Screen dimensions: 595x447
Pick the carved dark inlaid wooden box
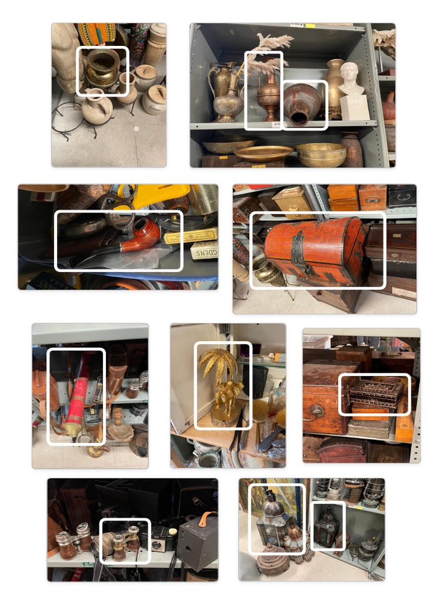[x=376, y=393]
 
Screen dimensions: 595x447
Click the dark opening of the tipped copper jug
[x=299, y=119]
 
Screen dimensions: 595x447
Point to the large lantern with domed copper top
[x=271, y=518]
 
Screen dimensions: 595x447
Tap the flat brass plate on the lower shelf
[x=263, y=153]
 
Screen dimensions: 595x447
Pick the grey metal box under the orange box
[x=369, y=429]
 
